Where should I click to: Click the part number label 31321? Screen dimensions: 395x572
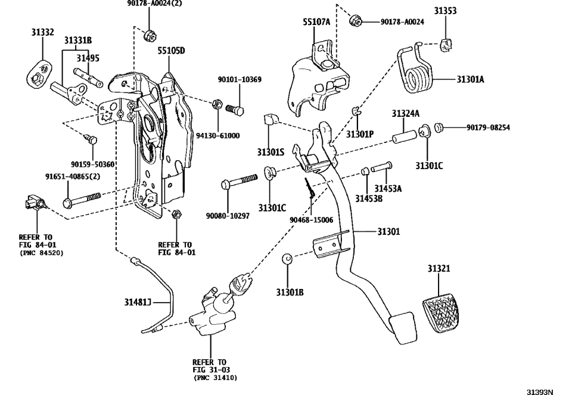click(x=439, y=269)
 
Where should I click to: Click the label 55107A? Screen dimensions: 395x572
click(x=316, y=22)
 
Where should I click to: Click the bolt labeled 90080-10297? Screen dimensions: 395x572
click(x=238, y=179)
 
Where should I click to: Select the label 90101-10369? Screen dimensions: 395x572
click(x=239, y=79)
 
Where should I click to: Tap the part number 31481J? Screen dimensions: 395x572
click(x=138, y=302)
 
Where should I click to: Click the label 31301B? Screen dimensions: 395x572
click(x=290, y=292)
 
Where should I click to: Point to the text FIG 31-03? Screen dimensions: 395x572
click(x=210, y=369)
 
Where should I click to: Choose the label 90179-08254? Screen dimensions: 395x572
click(x=488, y=127)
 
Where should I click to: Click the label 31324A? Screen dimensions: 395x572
click(x=405, y=113)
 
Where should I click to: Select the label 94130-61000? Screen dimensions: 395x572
click(x=218, y=136)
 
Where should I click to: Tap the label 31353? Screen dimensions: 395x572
click(x=446, y=11)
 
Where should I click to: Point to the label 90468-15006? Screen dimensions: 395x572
click(x=311, y=220)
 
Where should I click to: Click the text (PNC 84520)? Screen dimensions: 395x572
click(x=41, y=253)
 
